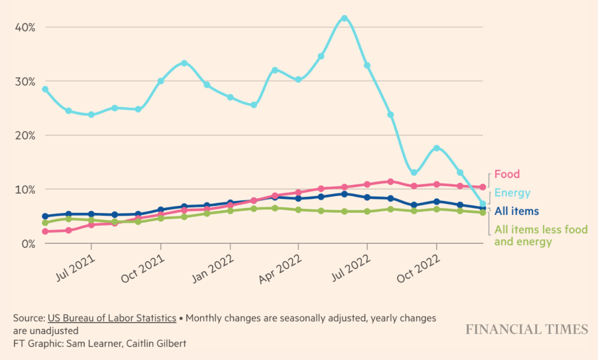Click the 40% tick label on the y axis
click(x=24, y=27)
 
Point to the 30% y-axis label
click(x=24, y=81)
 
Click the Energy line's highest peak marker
click(x=344, y=18)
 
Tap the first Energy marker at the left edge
click(x=45, y=89)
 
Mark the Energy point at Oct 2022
click(x=437, y=148)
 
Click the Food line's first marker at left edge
click(x=45, y=231)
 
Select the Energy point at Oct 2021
click(x=161, y=81)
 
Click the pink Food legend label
click(x=507, y=174)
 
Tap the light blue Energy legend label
click(x=512, y=193)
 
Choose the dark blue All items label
click(x=516, y=211)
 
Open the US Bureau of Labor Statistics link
click(x=112, y=318)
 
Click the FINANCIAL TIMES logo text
click(x=527, y=329)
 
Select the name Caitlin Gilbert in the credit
click(x=157, y=343)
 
